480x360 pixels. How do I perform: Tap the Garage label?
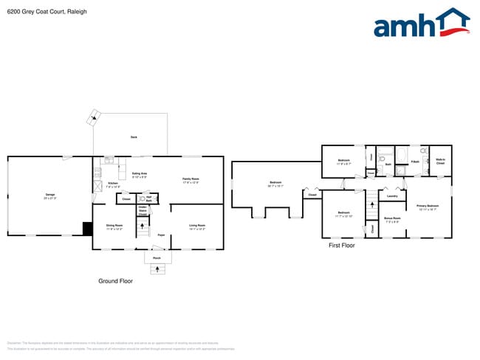point(49,195)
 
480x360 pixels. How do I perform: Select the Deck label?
point(134,137)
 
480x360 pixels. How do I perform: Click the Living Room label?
point(196,226)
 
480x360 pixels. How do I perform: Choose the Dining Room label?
point(114,226)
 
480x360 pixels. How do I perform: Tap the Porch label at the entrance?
point(157,258)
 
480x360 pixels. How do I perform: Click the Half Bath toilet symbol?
point(142,198)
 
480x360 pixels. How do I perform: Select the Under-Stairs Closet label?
point(142,210)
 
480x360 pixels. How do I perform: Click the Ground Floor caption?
point(115,281)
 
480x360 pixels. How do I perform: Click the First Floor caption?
point(341,245)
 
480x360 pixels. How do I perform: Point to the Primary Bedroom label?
point(427,207)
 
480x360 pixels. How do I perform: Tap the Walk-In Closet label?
point(440,161)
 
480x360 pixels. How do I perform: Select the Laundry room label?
point(392,195)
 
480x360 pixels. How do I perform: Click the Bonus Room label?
point(391,219)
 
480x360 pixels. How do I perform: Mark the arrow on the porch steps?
point(157,269)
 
